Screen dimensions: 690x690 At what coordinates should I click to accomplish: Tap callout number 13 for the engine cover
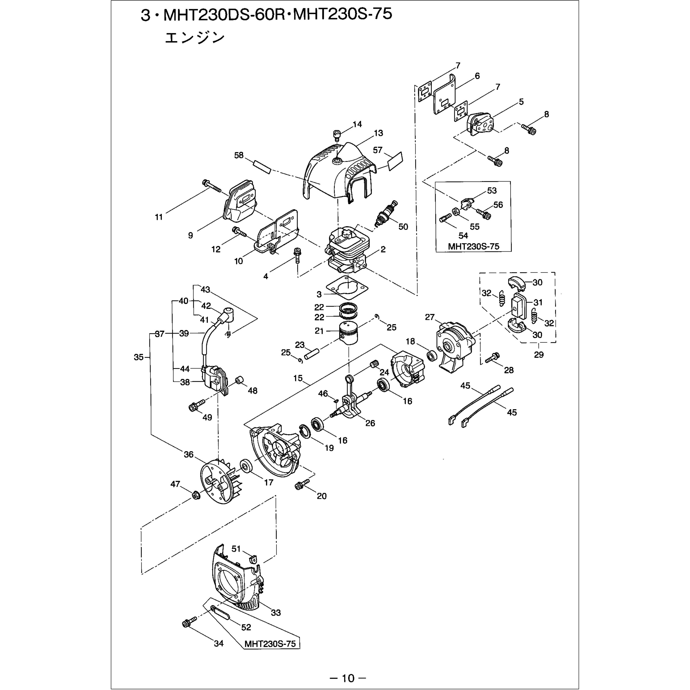coord(379,133)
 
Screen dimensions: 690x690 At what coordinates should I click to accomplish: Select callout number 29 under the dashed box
coord(539,355)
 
